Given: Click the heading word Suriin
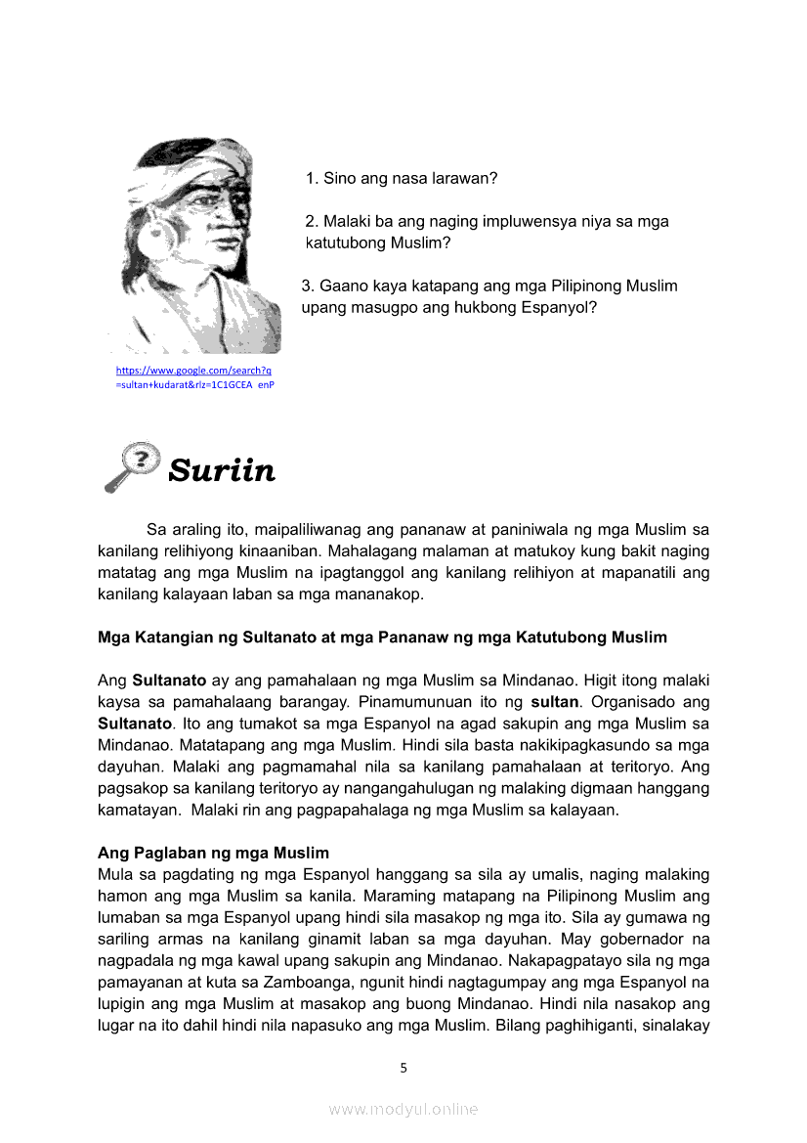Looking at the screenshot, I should point(222,471).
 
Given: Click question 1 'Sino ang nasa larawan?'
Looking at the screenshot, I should point(403,179).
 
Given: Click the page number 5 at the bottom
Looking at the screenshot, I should point(403,1068).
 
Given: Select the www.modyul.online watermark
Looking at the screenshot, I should point(403,1109).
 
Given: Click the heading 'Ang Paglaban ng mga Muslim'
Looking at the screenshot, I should point(213,853).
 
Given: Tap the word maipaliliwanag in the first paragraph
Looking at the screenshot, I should point(300,530).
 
